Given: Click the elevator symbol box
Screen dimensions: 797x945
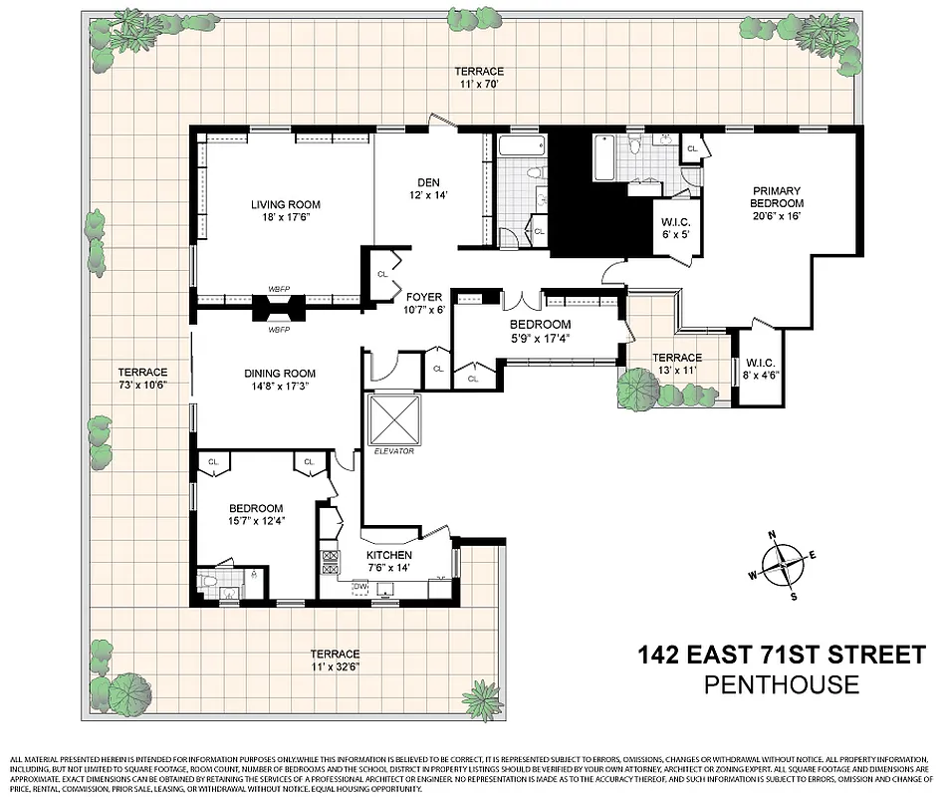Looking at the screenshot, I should pyautogui.click(x=394, y=419).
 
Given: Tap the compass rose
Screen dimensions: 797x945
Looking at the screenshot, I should pyautogui.click(x=783, y=564).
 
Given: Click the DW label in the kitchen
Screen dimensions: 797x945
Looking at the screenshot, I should pyautogui.click(x=359, y=587).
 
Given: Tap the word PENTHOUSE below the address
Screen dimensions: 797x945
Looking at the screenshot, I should pyautogui.click(x=781, y=684).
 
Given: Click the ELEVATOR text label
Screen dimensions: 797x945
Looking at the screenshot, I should pyautogui.click(x=394, y=451).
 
